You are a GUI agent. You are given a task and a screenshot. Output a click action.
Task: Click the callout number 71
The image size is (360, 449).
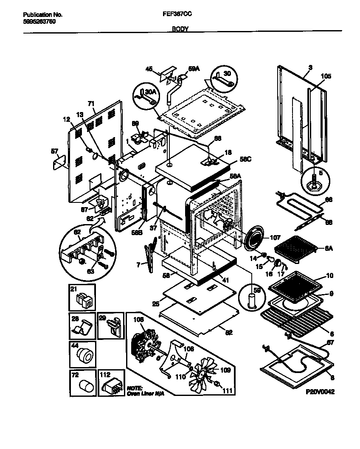pyautogui.click(x=90, y=103)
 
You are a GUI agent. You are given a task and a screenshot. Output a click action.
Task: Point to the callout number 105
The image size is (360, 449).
pyautogui.click(x=325, y=76)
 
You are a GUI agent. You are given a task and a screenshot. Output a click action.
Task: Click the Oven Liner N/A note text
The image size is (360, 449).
pyautogui.click(x=145, y=391)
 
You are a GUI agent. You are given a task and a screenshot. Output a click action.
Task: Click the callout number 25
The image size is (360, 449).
pyautogui.click(x=155, y=304)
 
